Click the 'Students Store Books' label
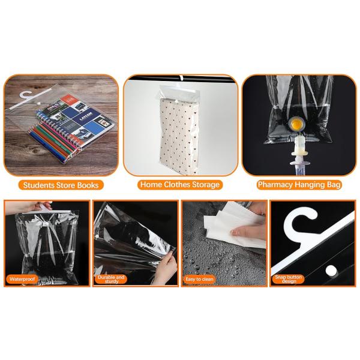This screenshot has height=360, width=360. (61, 185)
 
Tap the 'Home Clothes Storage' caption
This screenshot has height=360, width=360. (180, 185)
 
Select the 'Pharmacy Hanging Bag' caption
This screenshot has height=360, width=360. (299, 185)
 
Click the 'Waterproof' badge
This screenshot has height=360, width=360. (22, 279)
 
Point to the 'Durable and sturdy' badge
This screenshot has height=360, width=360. (111, 279)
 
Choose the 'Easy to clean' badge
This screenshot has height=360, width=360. (199, 279)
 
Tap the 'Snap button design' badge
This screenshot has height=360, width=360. (289, 279)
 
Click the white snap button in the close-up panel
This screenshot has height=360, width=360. (331, 271)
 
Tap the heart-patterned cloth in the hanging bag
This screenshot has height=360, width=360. (179, 136)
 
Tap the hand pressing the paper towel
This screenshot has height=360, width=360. (248, 230)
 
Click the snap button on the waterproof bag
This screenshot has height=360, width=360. (46, 224)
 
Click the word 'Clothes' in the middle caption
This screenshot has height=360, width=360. (177, 185)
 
